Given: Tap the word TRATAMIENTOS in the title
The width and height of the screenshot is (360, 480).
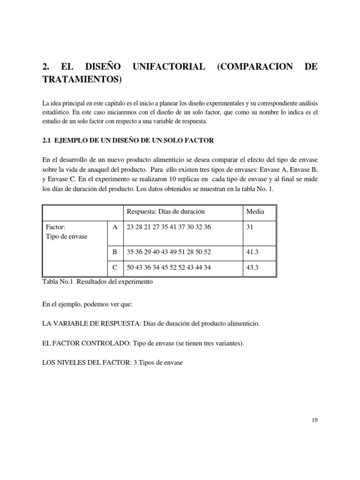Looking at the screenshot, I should click(x=82, y=80).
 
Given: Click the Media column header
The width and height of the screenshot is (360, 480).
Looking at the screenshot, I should click(x=255, y=211).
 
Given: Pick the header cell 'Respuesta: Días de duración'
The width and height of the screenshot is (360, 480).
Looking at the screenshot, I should click(x=165, y=211).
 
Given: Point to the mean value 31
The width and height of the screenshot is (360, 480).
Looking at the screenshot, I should click(x=250, y=227).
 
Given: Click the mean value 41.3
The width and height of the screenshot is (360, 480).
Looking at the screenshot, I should click(x=253, y=252).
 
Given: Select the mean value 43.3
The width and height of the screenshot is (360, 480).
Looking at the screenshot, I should click(x=253, y=268).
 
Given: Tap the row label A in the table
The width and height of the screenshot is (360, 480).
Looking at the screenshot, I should click(x=115, y=227).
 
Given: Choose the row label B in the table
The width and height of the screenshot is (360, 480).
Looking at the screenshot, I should click(x=115, y=252).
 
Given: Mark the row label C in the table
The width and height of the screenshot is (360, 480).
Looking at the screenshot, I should click(x=115, y=268).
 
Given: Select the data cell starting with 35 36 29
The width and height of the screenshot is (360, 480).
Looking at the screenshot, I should click(x=169, y=252).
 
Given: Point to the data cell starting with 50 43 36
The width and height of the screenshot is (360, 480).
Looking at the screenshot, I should click(x=169, y=268).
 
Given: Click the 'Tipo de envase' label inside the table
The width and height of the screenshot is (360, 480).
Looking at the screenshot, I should click(x=67, y=236).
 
